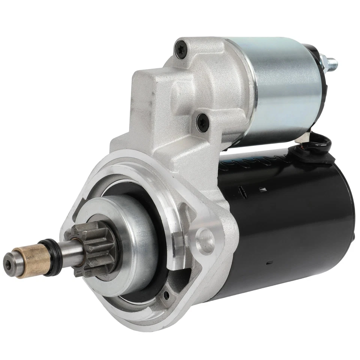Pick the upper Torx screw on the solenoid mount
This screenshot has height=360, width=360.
181,50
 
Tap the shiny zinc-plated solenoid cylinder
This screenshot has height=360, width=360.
285,90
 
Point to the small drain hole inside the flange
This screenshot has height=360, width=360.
165,295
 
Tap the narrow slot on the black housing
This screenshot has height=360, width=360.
242,193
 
